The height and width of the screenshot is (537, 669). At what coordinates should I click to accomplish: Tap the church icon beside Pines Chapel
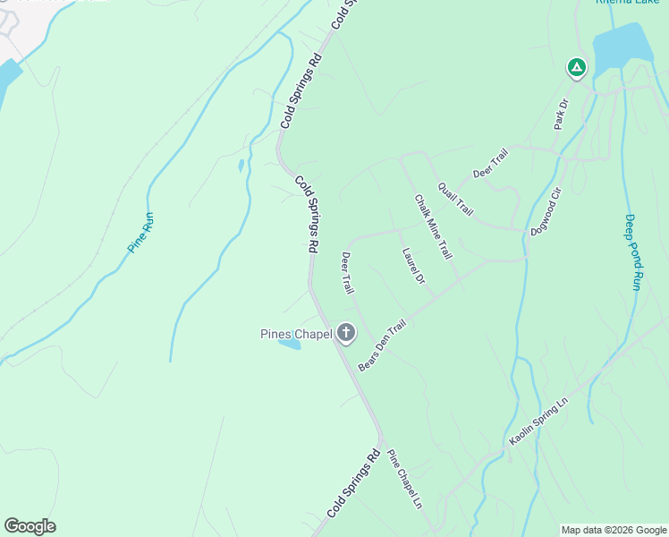(x=345, y=335)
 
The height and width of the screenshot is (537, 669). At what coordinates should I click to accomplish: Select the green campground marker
(x=577, y=67)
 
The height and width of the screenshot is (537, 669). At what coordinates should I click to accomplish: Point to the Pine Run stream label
(x=141, y=232)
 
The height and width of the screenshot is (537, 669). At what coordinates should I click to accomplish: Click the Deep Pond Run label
(x=632, y=251)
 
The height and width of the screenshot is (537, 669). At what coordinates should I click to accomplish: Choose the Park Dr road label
(x=562, y=114)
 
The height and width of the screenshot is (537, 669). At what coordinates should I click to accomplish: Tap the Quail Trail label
(x=455, y=199)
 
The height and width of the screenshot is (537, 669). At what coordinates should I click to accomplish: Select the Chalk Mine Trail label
(x=433, y=227)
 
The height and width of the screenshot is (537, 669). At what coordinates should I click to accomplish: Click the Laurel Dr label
(x=413, y=266)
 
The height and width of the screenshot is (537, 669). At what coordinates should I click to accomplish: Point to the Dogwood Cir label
(x=545, y=211)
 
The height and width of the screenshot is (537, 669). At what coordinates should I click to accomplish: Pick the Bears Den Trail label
(x=382, y=345)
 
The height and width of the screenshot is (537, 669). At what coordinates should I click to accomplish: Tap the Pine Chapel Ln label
(x=404, y=481)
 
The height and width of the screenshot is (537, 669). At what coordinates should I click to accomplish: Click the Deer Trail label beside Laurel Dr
(x=347, y=273)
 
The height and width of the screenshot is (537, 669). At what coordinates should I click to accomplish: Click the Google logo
(x=30, y=525)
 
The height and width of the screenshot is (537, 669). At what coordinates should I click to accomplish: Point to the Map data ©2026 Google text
(x=614, y=530)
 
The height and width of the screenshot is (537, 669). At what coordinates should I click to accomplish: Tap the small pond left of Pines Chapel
(x=289, y=343)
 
